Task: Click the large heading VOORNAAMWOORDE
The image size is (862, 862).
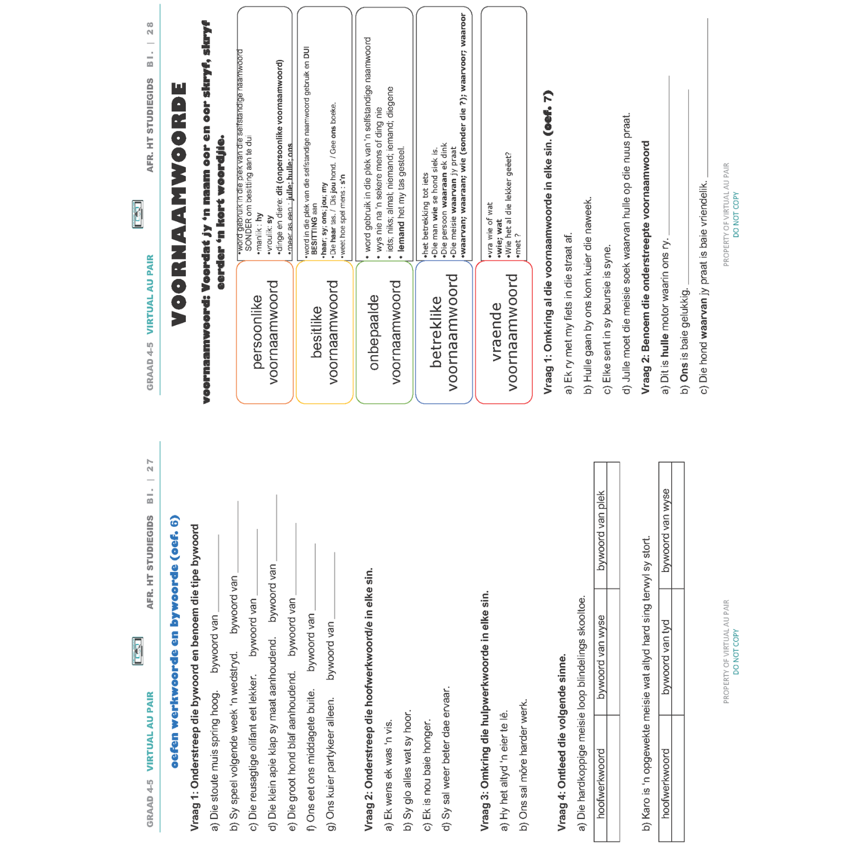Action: click(179, 204)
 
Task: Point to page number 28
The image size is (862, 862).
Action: click(150, 28)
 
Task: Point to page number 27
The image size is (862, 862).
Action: click(150, 465)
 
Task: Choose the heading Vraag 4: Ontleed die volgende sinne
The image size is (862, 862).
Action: click(562, 742)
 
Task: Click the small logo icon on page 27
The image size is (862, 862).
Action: click(138, 651)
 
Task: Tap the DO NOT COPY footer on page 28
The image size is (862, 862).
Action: click(736, 215)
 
